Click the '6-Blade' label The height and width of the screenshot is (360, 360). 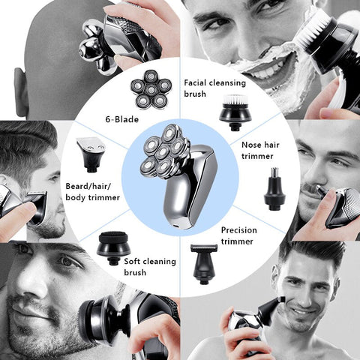point(121,119)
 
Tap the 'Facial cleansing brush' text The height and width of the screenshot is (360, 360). point(215,88)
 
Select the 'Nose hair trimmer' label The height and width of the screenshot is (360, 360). point(260,151)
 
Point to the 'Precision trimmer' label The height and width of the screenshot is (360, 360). point(238,235)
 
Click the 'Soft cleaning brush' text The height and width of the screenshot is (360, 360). point(150,267)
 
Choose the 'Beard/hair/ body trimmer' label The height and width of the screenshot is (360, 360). point(92,192)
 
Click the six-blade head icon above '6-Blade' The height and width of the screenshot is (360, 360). point(151,89)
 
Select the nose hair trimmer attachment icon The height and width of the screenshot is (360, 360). point(274,189)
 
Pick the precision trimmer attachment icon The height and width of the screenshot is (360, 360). point(204,264)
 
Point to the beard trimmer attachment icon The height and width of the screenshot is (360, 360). point(91,154)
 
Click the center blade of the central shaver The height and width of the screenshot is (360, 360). point(163,151)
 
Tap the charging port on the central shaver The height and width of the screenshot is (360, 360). point(177,226)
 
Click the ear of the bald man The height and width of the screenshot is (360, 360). point(21,92)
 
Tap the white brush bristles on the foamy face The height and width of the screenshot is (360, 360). point(313,31)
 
